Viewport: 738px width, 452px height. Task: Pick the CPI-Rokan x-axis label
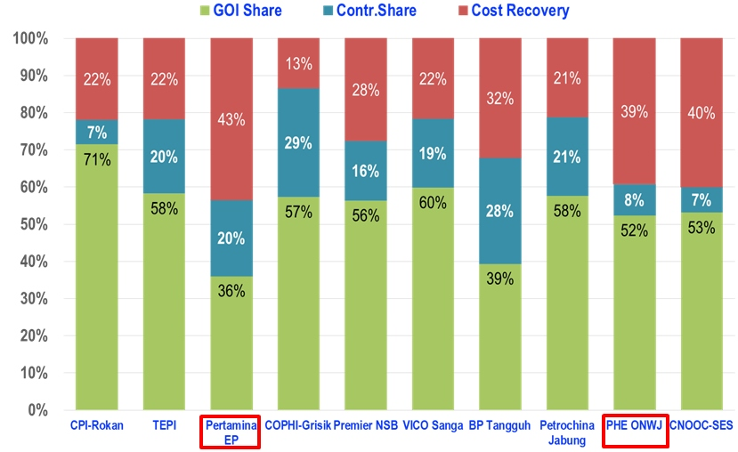(96, 425)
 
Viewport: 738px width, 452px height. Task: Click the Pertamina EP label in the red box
(231, 432)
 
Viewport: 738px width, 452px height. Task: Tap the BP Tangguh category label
(499, 425)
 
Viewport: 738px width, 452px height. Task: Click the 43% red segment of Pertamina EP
(231, 119)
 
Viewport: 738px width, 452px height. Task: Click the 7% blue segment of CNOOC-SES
(700, 200)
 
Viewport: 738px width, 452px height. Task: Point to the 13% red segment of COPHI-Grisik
(297, 63)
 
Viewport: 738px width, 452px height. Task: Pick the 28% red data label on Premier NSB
(365, 90)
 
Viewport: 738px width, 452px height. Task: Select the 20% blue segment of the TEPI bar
(164, 157)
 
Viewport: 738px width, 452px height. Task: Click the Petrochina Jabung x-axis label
(566, 432)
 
